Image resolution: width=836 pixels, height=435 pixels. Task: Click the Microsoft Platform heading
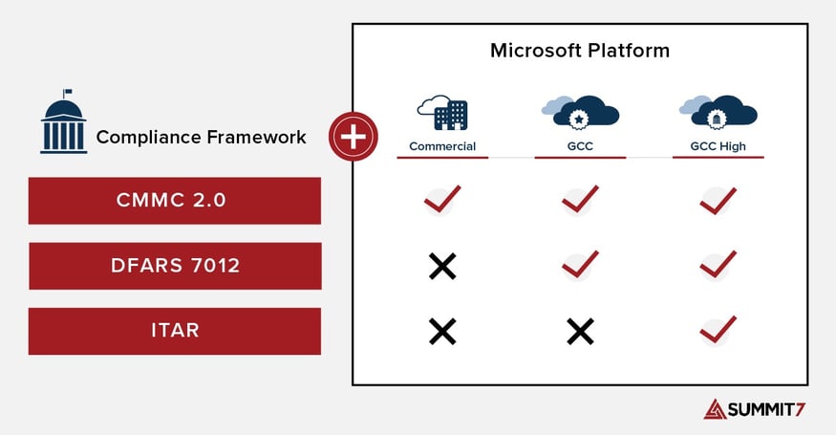coord(580,50)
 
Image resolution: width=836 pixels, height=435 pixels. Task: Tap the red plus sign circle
coord(353,137)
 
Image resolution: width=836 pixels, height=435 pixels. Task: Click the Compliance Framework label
coord(201,137)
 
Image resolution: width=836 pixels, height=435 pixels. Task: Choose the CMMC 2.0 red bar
coord(174,200)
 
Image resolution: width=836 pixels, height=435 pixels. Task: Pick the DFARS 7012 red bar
coord(174,265)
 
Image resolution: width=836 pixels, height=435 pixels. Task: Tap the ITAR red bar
coord(174,330)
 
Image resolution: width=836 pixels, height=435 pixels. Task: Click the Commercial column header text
coord(442,146)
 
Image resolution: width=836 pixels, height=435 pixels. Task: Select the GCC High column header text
coord(718,146)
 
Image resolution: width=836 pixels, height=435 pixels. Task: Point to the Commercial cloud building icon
coord(441,111)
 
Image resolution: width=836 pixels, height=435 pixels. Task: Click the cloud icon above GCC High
coord(718,111)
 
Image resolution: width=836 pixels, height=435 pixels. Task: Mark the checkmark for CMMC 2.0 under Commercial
coord(442,200)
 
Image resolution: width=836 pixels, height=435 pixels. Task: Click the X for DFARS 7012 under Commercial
coord(442,266)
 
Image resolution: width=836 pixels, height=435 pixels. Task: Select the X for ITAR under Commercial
coord(442,331)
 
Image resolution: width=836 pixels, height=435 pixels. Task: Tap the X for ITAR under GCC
coord(580,331)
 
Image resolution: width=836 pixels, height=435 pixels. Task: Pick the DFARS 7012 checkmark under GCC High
coord(718,265)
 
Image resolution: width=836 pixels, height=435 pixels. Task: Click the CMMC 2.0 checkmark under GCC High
coord(718,200)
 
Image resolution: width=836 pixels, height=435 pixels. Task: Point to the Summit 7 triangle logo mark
coord(716,408)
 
